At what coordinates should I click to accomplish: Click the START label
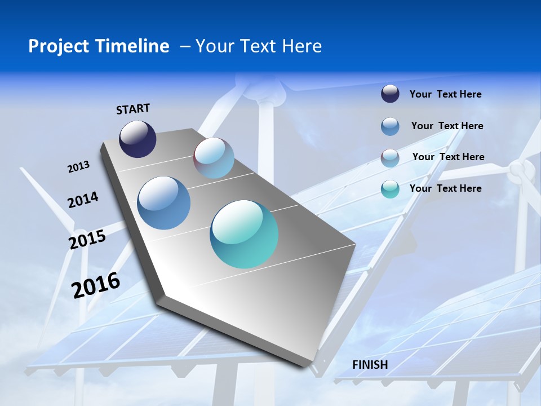133,109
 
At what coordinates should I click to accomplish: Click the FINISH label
370,365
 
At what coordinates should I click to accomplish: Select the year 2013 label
78,167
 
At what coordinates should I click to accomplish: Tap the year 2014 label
83,200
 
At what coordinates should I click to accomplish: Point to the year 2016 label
96,285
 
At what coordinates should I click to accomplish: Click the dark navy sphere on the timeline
138,139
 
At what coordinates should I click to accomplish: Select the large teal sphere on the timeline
244,234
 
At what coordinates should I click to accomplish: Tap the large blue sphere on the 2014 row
163,203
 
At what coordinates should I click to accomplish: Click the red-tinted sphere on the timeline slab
214,158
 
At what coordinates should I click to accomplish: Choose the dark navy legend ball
390,94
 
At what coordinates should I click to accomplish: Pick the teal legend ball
390,189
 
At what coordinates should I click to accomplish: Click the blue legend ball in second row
390,126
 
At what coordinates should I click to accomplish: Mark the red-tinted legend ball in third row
390,158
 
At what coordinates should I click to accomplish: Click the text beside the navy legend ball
445,94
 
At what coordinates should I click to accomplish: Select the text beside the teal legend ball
445,188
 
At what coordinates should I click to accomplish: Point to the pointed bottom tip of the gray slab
309,366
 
